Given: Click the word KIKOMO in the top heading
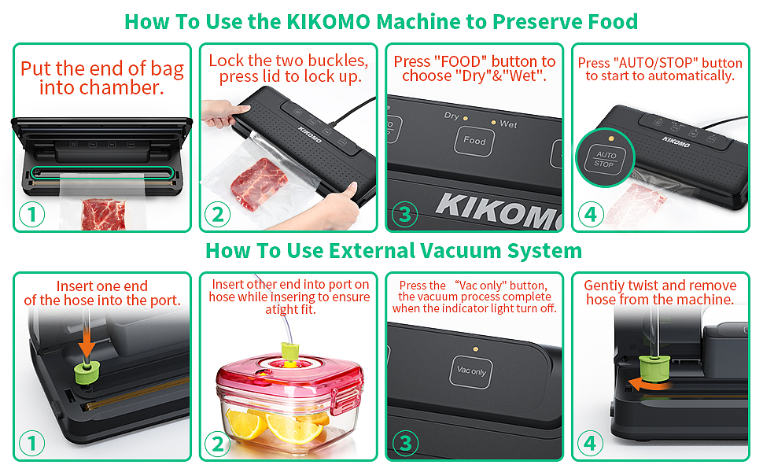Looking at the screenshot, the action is point(328,22).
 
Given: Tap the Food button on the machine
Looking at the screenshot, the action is point(474,141).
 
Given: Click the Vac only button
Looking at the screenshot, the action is point(471,371).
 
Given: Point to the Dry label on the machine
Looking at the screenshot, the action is point(452,116).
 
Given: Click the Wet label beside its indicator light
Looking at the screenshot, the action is point(508,124).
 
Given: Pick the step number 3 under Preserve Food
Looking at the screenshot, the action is point(405,214).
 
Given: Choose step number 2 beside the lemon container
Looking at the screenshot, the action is point(218,444).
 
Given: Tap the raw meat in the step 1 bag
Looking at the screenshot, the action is point(104,215).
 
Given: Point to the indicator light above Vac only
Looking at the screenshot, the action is point(475,349).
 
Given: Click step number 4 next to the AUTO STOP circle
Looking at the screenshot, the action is point(591,214).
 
